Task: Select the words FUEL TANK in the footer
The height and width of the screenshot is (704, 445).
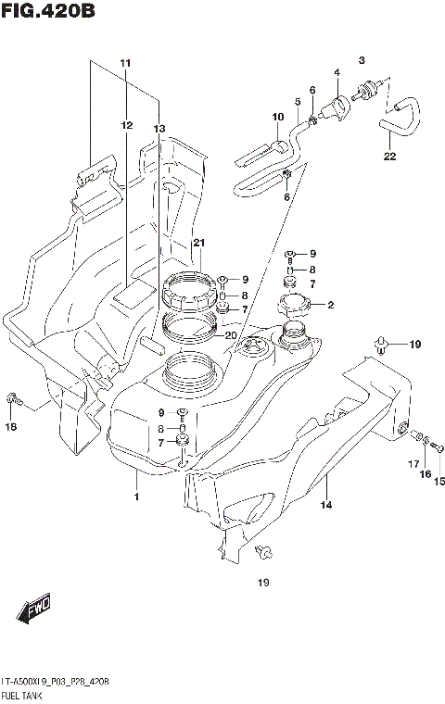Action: pos(27,694)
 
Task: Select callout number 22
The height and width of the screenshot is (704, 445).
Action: pos(388,157)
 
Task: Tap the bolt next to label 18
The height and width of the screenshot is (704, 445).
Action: pos(12,400)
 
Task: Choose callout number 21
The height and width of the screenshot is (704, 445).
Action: pos(197,243)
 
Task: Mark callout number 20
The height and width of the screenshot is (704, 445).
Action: pos(230,335)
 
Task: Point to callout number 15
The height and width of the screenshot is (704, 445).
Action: pos(439,480)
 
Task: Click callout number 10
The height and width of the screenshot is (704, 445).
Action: pos(276,117)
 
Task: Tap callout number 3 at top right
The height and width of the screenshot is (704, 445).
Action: pos(362,59)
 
